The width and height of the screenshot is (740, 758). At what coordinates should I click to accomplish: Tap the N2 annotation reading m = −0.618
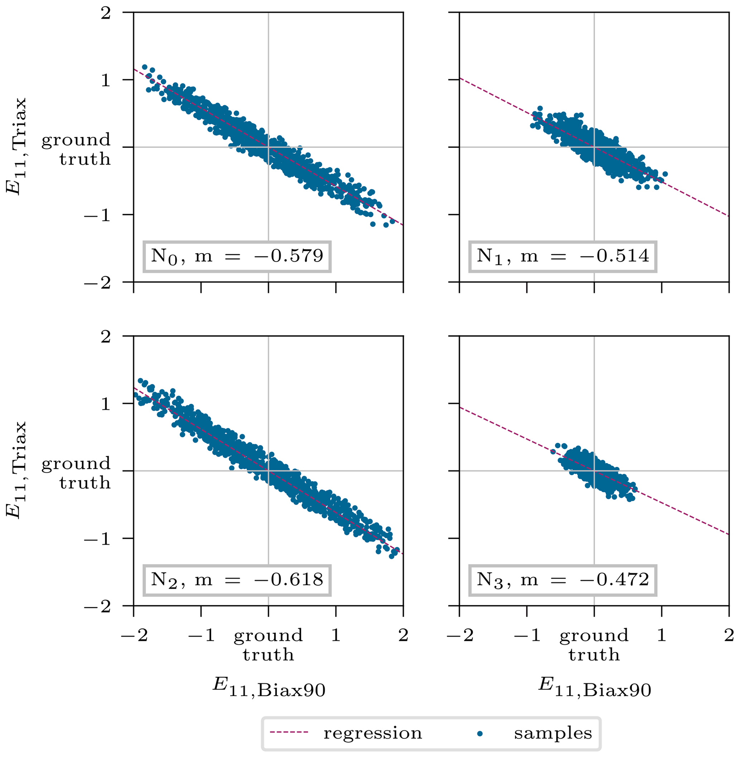click(x=237, y=580)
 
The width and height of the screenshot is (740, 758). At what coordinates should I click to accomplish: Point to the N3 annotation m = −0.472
click(x=562, y=580)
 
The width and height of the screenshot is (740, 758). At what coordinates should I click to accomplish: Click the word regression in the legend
click(x=372, y=733)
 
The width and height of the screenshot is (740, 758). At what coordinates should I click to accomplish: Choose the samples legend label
click(x=553, y=733)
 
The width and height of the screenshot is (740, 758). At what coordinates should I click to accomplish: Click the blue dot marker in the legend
click(x=480, y=734)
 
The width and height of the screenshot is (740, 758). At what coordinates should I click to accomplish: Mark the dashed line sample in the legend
click(x=289, y=733)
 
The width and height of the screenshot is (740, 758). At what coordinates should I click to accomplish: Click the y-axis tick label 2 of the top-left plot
click(x=106, y=14)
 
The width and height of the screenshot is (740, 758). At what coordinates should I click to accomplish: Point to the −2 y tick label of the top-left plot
click(x=97, y=283)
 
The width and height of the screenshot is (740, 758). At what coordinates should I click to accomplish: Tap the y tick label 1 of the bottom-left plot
click(x=106, y=404)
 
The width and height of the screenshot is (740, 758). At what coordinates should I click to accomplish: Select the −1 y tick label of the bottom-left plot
click(x=97, y=539)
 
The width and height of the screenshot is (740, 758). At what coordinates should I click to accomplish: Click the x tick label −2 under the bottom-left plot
click(x=134, y=635)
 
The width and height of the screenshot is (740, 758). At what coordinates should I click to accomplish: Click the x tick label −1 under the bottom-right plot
click(x=527, y=635)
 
